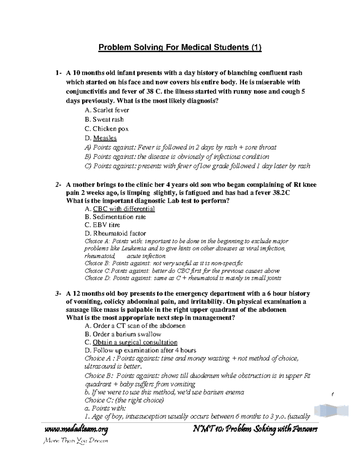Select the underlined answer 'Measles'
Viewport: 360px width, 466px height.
click(105, 138)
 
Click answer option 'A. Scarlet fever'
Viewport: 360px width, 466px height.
click(107, 110)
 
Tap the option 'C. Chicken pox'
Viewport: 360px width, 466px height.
click(106, 129)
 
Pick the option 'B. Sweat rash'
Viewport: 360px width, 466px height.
click(104, 119)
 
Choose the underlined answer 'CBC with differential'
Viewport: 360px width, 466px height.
click(124, 209)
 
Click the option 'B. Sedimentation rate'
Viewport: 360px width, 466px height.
click(115, 217)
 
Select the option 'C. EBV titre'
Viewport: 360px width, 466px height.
click(102, 225)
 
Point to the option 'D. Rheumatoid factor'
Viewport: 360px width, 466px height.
click(115, 233)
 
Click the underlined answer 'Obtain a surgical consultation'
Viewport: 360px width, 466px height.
click(135, 342)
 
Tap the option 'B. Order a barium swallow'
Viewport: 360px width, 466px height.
click(123, 334)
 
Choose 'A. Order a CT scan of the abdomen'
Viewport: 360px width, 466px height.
click(135, 326)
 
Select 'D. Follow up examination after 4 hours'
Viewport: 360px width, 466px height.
click(140, 350)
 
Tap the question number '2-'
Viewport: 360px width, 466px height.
click(58, 185)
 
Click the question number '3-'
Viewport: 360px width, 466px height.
click(58, 293)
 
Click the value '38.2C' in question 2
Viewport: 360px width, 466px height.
click(280, 193)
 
